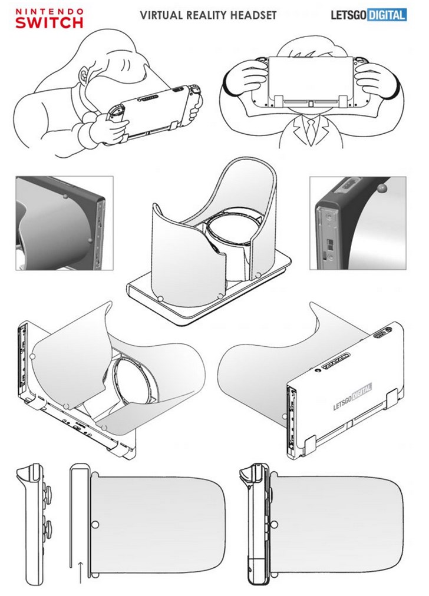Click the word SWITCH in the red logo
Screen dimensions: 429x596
coord(49,22)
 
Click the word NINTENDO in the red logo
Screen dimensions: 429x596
coord(49,11)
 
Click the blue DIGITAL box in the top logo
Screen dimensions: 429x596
coord(387,15)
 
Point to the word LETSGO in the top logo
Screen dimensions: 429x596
coord(348,15)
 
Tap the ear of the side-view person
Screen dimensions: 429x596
coord(84,75)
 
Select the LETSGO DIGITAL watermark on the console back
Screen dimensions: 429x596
coord(352,396)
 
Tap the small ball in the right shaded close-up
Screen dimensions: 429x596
coord(379,188)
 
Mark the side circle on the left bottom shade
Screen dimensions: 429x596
coord(95,525)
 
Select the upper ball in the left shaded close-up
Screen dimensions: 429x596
coord(65,197)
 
